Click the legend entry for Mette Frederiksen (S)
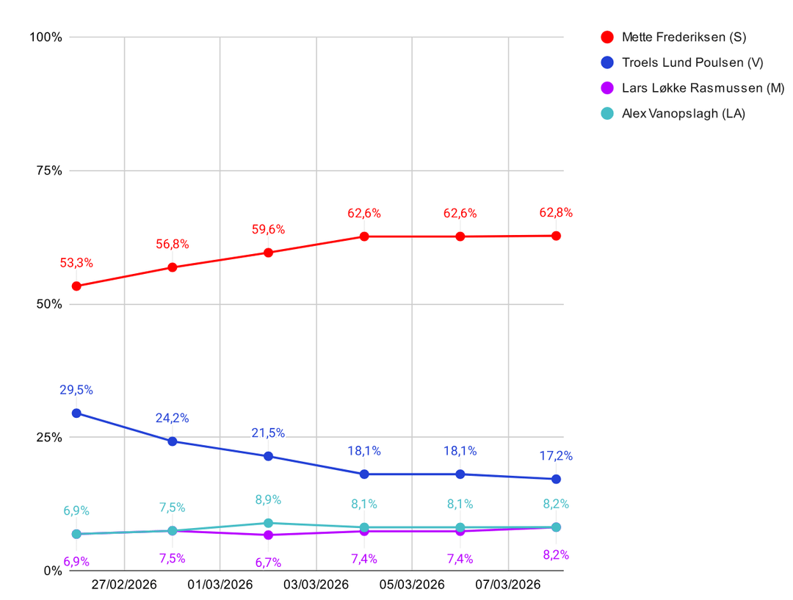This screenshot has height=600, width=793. [673, 37]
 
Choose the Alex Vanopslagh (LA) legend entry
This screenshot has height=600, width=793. [673, 113]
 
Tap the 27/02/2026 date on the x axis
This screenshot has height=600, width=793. [125, 585]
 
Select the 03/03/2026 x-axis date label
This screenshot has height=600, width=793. [316, 585]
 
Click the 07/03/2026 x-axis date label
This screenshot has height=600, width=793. [508, 585]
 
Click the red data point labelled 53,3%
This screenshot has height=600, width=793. [76, 286]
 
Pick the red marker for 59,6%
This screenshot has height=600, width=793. [268, 253]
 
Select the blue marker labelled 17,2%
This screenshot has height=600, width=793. [556, 480]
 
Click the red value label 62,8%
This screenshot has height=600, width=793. [556, 213]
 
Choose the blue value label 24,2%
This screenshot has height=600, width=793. [172, 419]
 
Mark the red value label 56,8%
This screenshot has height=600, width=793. [172, 245]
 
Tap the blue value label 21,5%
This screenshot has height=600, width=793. [268, 433]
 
